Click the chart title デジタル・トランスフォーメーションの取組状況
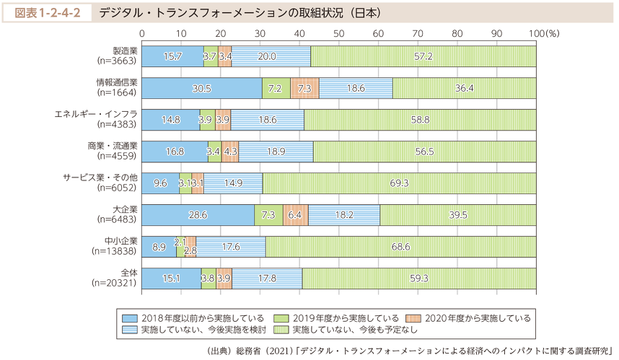(240, 12)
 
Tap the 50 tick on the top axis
(339, 33)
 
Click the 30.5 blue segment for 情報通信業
(202, 87)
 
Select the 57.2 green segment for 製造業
(423, 56)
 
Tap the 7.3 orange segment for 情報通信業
(304, 87)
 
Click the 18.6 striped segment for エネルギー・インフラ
(267, 119)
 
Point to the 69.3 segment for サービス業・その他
(400, 183)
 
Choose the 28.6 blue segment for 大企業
(198, 215)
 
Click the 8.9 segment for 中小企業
(159, 247)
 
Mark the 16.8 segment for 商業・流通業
(175, 152)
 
